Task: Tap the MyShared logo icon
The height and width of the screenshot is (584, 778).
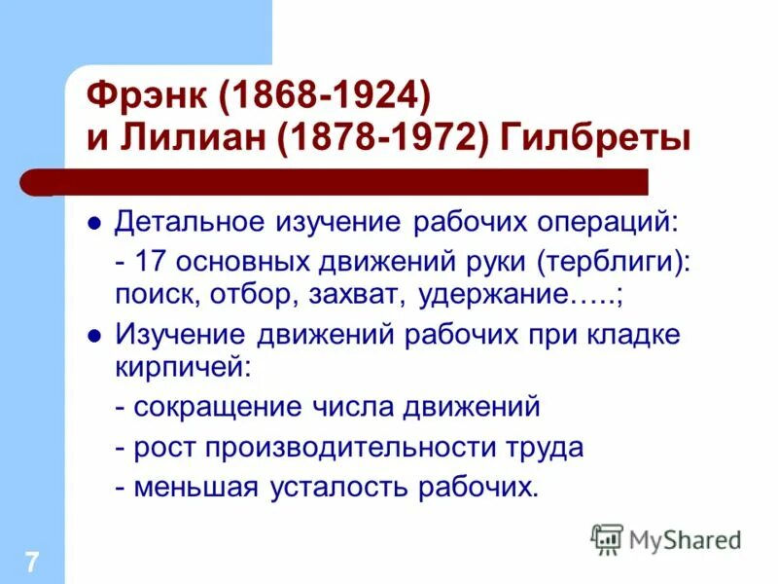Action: pyautogui.click(x=607, y=538)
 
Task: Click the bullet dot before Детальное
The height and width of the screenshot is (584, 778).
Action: pyautogui.click(x=94, y=223)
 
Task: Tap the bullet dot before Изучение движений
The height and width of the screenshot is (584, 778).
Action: pyautogui.click(x=94, y=335)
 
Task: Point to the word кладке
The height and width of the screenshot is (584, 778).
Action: pyautogui.click(x=635, y=334)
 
